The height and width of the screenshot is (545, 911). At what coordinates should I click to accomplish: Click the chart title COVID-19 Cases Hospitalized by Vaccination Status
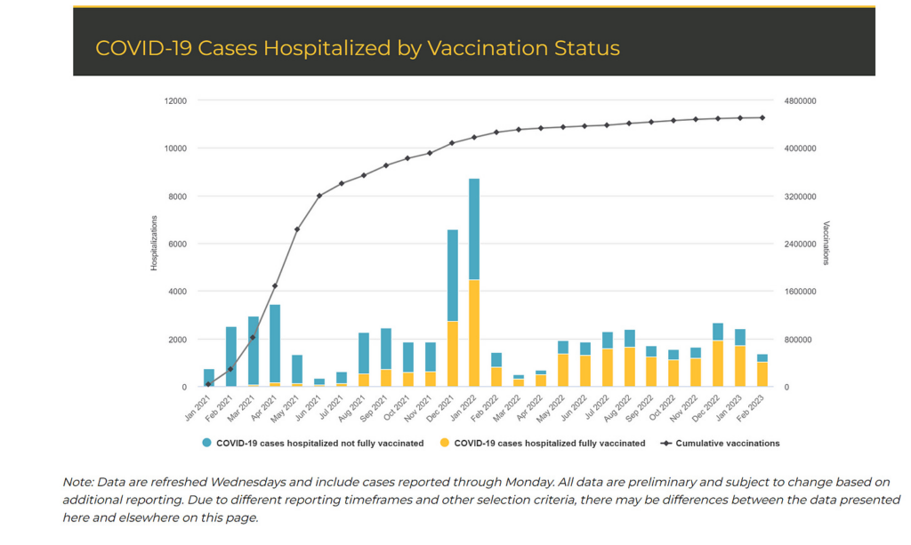(357, 48)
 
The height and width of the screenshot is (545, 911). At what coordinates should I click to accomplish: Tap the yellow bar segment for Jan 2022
(474, 333)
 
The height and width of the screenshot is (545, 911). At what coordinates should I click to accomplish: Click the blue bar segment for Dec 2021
(452, 276)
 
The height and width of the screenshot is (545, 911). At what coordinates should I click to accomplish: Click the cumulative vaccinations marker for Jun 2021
(319, 195)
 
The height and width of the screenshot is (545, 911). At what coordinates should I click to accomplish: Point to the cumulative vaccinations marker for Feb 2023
(762, 117)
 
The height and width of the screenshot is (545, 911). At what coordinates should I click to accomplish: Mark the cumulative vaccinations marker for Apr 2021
(275, 286)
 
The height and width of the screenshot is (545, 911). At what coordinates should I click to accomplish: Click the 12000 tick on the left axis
(174, 100)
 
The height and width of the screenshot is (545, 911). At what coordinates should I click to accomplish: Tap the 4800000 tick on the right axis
(800, 100)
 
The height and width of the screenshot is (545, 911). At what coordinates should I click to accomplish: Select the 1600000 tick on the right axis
(800, 292)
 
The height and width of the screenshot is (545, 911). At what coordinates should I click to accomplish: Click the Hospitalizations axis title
(153, 244)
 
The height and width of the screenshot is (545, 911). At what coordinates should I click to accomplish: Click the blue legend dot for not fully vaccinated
(207, 443)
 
